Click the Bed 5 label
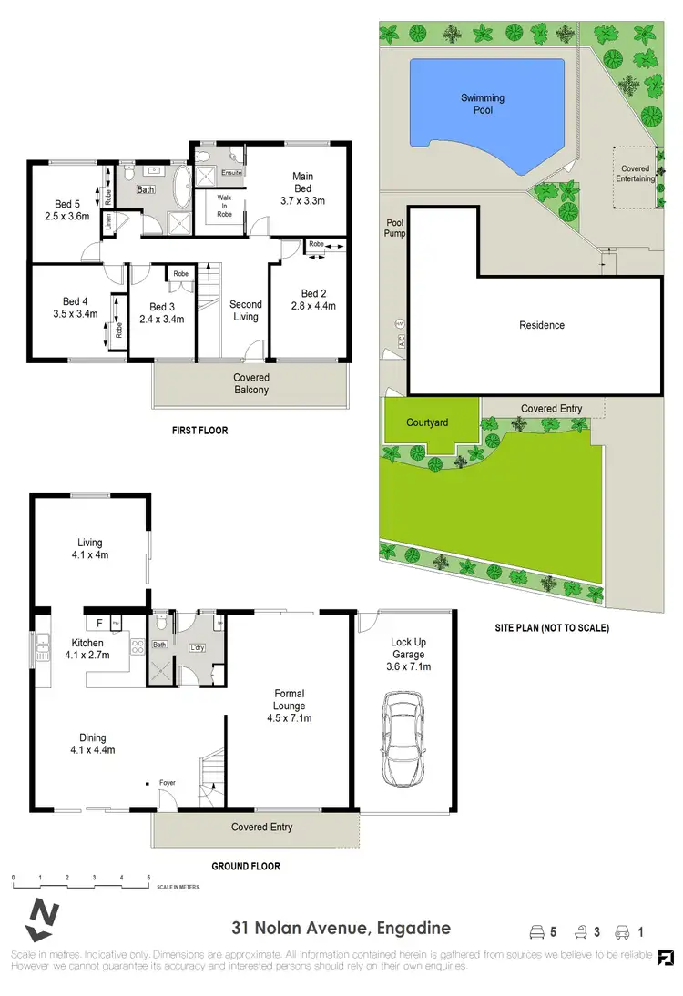pos(65,210)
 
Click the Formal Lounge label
pos(289,706)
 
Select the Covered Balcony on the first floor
pos(250,383)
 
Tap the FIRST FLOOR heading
pos(199,430)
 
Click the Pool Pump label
pos(394,228)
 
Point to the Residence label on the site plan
pos(542,325)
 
